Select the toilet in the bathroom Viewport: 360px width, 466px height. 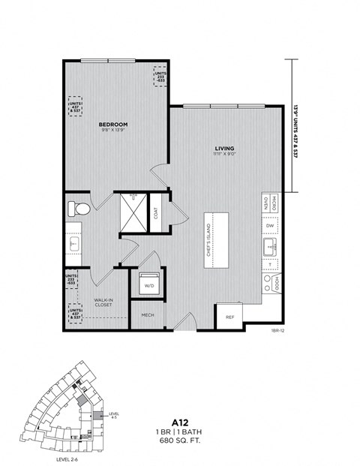coord(78,208)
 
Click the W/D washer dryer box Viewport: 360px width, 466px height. coord(148,284)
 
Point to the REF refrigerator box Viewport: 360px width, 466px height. coord(230,316)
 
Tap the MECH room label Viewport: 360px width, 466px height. coord(148,315)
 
